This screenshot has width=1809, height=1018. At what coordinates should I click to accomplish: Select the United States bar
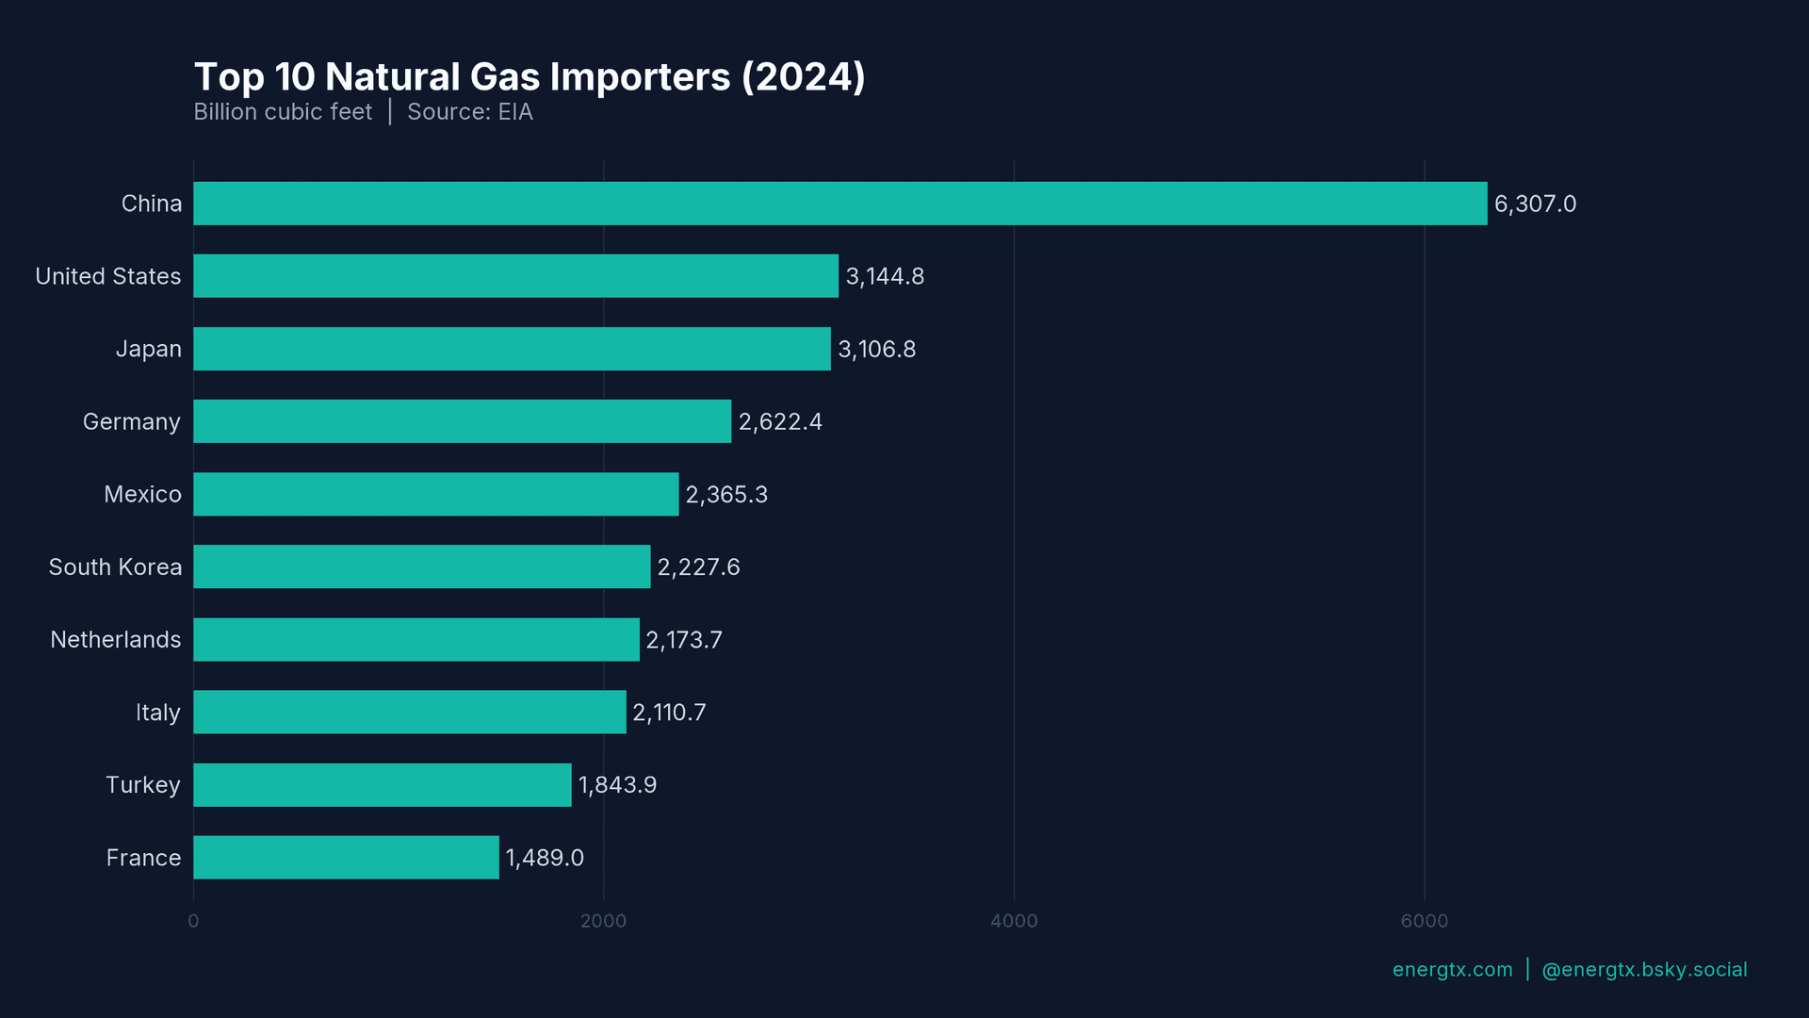point(515,276)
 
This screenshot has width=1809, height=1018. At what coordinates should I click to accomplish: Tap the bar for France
point(346,858)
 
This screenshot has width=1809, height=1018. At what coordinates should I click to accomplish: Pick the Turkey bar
point(382,785)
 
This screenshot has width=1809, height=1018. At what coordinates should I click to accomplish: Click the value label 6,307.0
point(1535,205)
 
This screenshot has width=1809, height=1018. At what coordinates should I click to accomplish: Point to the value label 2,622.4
point(780,422)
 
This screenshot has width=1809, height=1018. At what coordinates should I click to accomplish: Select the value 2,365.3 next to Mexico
point(726,495)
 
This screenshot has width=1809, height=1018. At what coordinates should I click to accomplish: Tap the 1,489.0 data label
point(545,858)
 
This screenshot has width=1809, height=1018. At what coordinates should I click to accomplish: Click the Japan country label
point(148,350)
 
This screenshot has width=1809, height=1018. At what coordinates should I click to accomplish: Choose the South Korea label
point(115,567)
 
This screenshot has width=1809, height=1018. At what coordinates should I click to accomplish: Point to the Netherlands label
point(115,640)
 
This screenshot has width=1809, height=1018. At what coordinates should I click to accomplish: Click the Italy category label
point(157,713)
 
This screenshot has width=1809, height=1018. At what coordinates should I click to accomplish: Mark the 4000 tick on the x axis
point(1014,921)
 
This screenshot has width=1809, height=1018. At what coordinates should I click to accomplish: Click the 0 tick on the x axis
point(193,921)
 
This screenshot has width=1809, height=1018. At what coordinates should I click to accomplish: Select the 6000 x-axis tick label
point(1424,921)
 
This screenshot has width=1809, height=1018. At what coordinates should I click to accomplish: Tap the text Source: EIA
point(469,112)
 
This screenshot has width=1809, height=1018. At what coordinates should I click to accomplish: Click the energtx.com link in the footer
point(1452,970)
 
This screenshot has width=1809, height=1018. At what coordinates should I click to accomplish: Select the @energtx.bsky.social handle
point(1644,970)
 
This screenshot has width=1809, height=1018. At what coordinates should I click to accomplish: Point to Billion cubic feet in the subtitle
point(283,112)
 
